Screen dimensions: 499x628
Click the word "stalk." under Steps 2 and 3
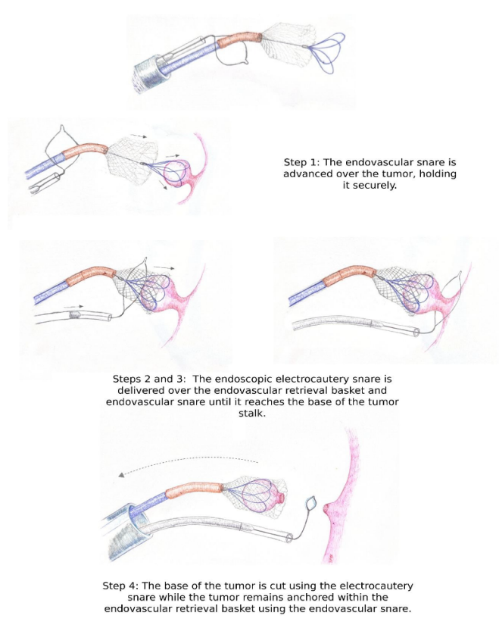click(252, 413)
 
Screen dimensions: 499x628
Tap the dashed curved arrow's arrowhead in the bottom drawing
click(122, 475)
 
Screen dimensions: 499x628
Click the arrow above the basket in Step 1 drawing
click(139, 136)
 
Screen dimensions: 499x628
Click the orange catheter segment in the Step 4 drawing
click(194, 490)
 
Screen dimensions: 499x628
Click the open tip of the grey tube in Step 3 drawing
click(416, 331)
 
